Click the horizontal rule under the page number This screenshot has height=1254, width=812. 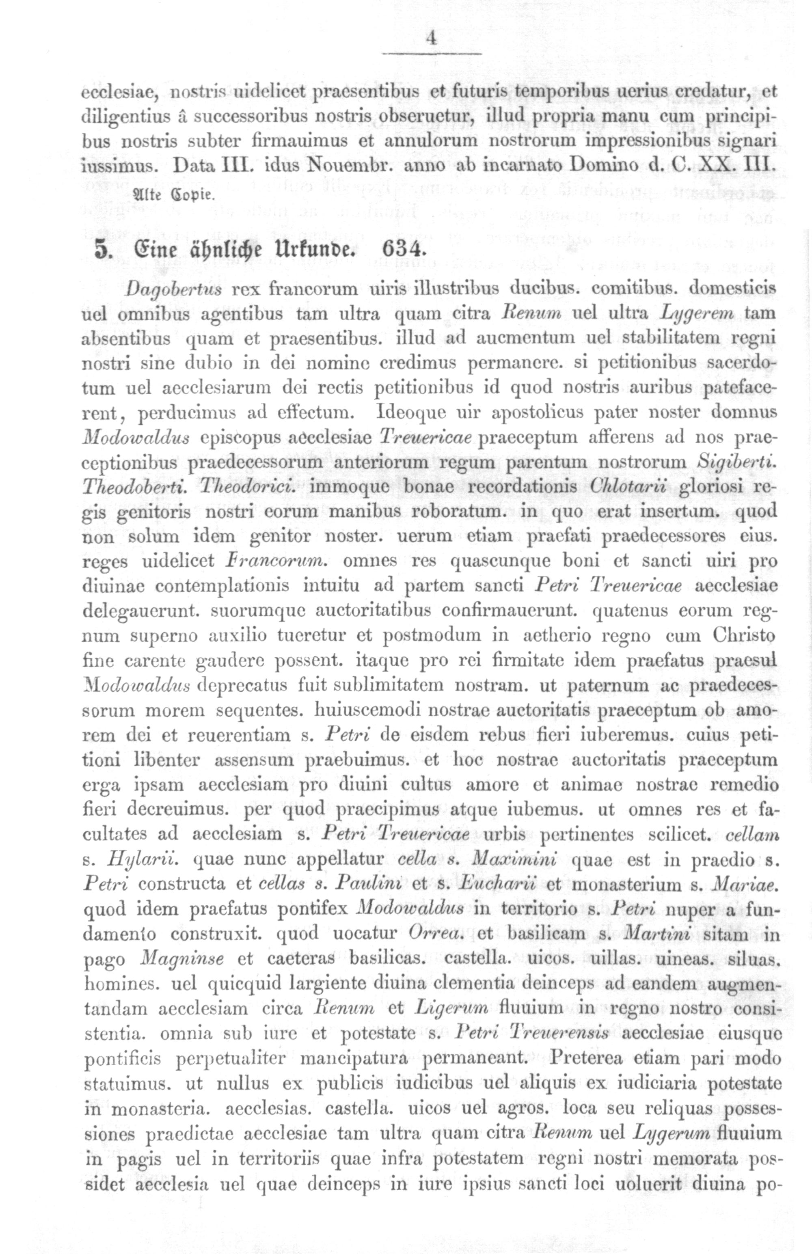(x=432, y=54)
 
